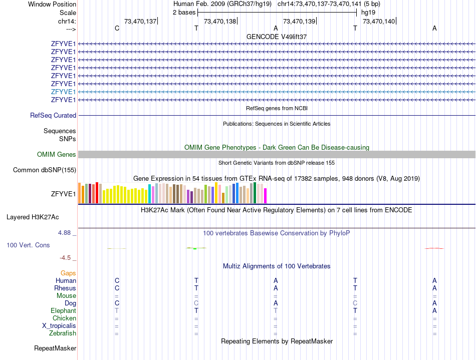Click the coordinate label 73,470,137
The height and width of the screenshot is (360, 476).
(x=140, y=21)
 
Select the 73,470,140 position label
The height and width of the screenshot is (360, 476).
(x=379, y=21)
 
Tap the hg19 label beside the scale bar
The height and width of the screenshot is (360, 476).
(x=368, y=12)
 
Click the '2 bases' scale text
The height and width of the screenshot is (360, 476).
(x=184, y=12)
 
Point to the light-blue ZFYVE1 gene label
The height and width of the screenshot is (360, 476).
(x=63, y=92)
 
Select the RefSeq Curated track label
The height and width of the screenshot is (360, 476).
(x=53, y=115)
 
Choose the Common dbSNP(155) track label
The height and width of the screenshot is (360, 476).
(x=44, y=170)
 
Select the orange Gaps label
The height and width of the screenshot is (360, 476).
(x=68, y=273)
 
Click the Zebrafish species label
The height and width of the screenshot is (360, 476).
(x=63, y=333)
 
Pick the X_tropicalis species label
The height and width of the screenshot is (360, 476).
(x=59, y=325)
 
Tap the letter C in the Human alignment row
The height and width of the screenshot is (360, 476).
(x=117, y=280)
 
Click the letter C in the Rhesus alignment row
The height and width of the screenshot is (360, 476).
(x=117, y=288)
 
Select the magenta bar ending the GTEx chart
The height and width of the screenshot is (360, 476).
(x=266, y=196)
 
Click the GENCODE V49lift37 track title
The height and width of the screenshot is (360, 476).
(x=277, y=37)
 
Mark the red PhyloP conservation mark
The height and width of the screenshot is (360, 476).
(x=434, y=248)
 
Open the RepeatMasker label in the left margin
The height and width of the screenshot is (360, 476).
(x=55, y=348)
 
